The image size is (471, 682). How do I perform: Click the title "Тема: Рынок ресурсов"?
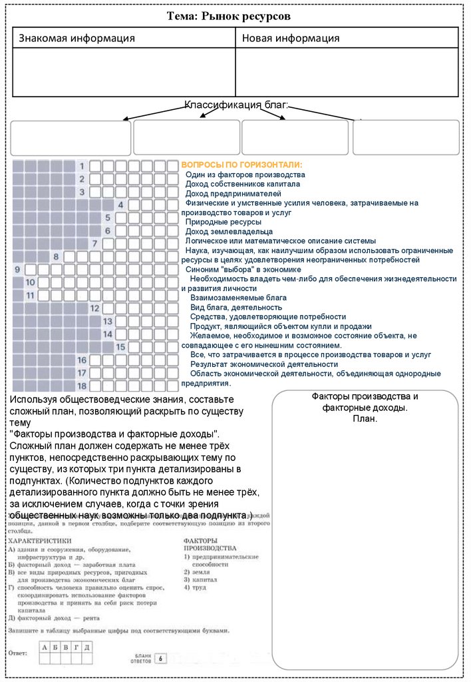[235, 16]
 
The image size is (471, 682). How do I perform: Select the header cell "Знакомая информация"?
[77, 38]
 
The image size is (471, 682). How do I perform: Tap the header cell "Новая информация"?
[291, 38]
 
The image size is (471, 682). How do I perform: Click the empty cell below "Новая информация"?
[347, 72]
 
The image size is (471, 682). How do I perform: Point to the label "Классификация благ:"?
[236, 105]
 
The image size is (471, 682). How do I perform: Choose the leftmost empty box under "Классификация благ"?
[71, 138]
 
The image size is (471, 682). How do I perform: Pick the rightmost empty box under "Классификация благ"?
[405, 138]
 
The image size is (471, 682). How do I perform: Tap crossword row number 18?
[82, 386]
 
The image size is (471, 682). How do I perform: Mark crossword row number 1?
[82, 166]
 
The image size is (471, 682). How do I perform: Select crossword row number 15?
[120, 346]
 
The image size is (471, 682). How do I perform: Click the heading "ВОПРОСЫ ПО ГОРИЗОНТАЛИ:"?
[241, 165]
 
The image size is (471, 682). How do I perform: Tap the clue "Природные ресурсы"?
[223, 222]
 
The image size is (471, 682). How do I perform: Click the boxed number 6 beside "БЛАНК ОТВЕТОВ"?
[160, 658]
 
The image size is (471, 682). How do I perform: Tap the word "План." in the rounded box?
[365, 418]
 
